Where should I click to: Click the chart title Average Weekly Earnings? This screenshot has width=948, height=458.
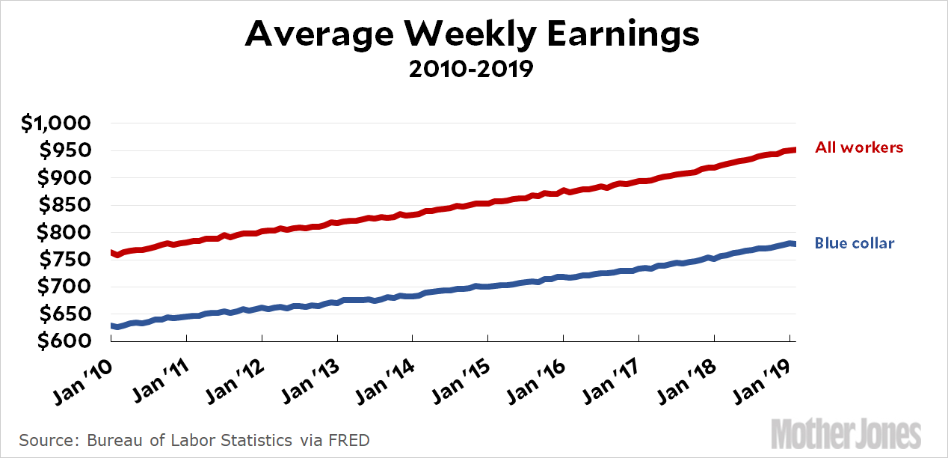coord(473,34)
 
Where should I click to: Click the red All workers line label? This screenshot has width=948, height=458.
coord(859,147)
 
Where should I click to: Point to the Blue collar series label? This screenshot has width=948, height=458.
coord(855,243)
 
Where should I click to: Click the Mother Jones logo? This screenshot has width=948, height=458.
coord(846,434)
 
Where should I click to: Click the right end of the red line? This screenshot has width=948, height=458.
coord(793,150)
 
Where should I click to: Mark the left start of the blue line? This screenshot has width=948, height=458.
coord(112,326)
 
